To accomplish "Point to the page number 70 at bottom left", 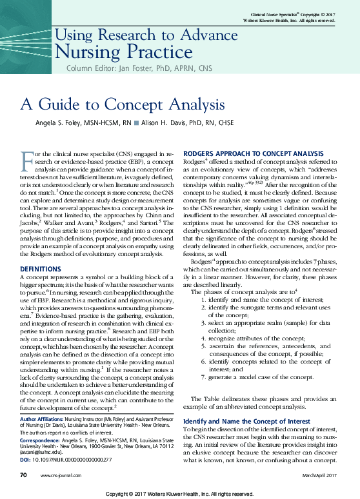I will pyautogui.click(x=24, y=475).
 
